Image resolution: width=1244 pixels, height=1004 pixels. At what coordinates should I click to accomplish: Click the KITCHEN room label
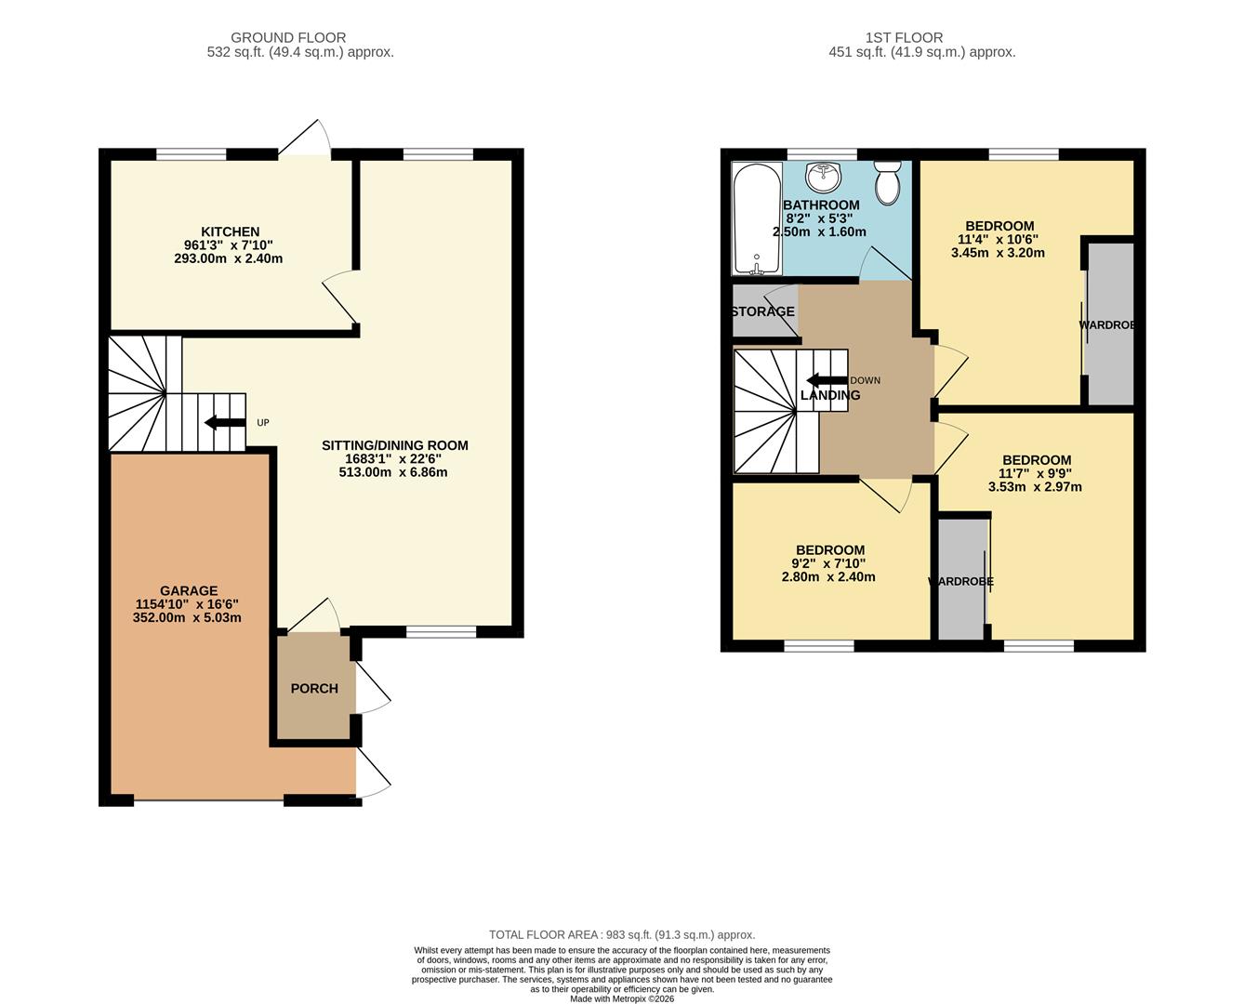click(230, 231)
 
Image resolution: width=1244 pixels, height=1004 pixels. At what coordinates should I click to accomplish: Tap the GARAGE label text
click(189, 590)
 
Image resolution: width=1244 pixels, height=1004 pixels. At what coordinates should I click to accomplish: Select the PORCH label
click(314, 689)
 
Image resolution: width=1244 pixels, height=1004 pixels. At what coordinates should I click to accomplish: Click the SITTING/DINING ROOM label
click(394, 445)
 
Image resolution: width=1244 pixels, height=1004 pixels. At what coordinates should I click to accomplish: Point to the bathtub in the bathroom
click(757, 219)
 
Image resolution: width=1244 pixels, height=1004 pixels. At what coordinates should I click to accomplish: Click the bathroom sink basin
click(823, 176)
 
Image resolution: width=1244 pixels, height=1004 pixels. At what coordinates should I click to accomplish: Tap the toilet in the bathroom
click(888, 181)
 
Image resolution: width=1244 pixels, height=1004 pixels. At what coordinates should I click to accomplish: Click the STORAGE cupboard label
click(762, 311)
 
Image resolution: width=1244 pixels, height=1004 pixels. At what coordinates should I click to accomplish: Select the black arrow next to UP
click(225, 423)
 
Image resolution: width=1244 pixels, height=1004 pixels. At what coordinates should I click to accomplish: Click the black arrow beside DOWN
click(827, 380)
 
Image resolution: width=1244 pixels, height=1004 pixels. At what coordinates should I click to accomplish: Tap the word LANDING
click(830, 395)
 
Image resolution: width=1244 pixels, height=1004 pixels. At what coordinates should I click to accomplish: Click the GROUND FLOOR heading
click(288, 38)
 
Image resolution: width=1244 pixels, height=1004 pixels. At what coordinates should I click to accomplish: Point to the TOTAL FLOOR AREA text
click(622, 935)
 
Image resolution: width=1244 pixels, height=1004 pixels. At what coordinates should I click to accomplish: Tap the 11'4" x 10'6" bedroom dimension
click(999, 239)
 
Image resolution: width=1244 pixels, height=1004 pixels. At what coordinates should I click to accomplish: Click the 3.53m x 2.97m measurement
click(1035, 486)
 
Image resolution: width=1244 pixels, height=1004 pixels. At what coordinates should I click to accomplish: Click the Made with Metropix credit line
click(622, 999)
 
